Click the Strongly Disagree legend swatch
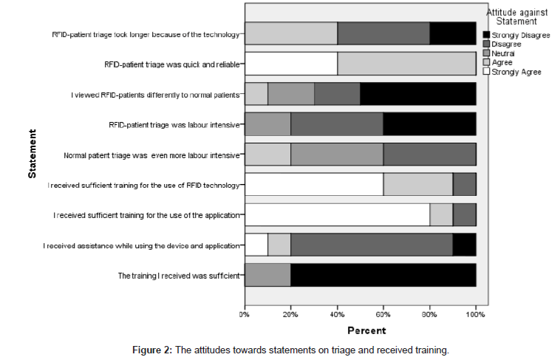point(486,35)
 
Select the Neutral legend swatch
point(486,53)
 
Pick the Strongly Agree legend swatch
point(486,72)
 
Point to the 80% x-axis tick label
point(430,315)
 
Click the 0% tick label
point(245,315)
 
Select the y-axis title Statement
point(33,154)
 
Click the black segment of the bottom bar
point(383,275)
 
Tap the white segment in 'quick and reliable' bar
point(290,64)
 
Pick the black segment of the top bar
point(452,34)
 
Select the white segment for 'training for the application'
point(337,214)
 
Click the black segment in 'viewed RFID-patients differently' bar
point(417,95)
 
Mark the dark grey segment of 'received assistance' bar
point(372,245)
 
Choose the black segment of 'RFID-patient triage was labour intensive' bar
point(429,124)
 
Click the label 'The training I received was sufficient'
point(178,276)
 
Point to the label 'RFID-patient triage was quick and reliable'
point(172,64)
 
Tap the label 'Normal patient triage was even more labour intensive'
point(151,155)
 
